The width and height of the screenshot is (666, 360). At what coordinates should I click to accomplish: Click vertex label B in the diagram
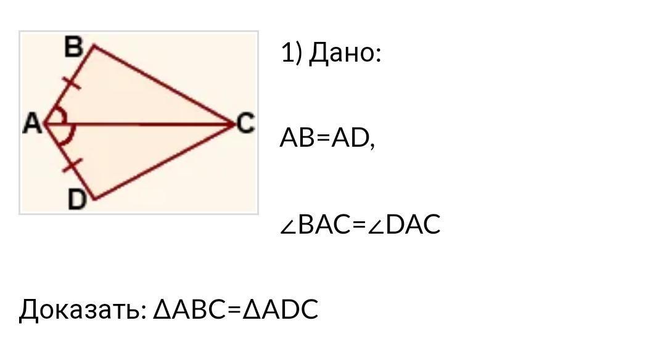point(74,47)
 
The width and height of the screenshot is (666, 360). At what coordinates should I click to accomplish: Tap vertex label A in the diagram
point(32,124)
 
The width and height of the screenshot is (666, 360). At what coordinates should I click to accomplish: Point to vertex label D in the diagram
point(76,200)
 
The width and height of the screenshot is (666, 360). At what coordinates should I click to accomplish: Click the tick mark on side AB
point(72,81)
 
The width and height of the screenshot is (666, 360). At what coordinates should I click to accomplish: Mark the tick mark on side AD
point(73,165)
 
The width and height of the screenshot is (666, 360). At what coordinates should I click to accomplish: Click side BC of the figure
point(163,84)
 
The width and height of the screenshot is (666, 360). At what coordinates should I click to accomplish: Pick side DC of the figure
point(163,162)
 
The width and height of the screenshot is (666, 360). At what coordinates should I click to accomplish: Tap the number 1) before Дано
point(292,53)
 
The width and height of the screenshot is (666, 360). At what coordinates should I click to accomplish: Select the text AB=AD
point(327,138)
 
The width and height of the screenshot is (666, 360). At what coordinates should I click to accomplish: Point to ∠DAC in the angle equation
point(405,224)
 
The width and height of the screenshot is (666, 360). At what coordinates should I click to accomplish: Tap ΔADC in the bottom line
point(281,309)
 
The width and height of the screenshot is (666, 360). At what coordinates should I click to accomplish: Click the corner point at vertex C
point(234,124)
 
